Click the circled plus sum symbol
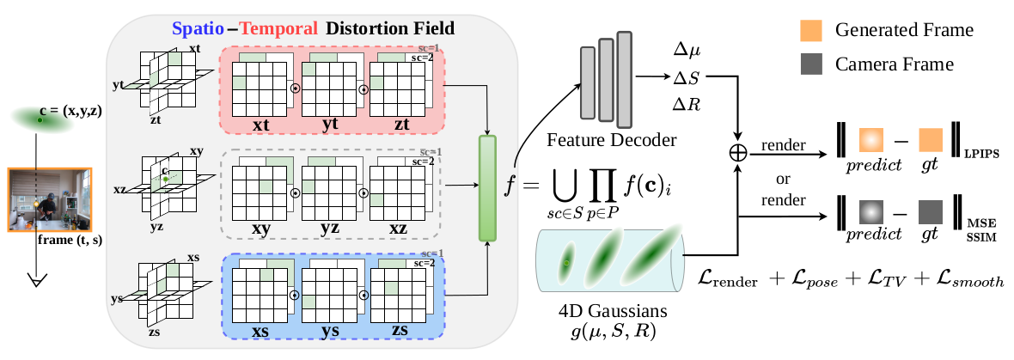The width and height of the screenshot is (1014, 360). tap(737, 152)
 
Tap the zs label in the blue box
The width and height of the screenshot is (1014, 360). tap(400, 330)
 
